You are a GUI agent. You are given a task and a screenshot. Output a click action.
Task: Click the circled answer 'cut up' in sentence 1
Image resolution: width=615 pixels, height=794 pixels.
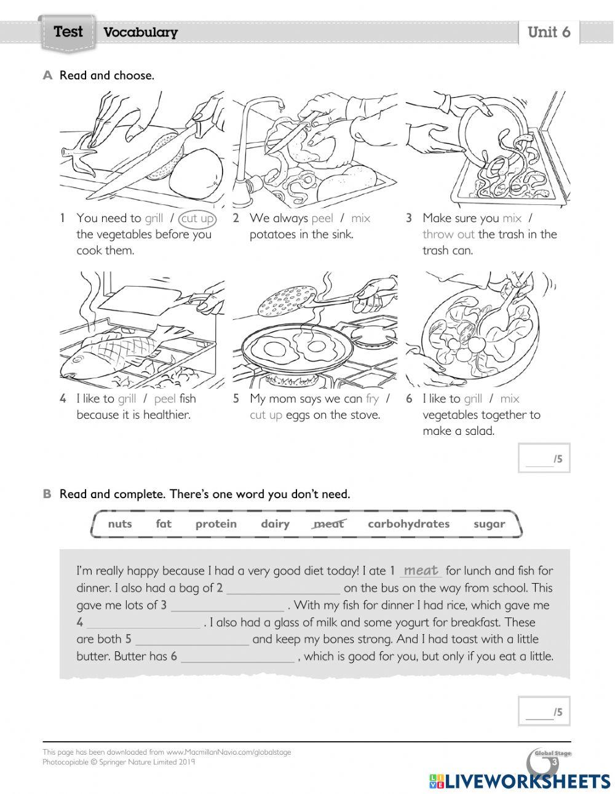pyautogui.click(x=197, y=218)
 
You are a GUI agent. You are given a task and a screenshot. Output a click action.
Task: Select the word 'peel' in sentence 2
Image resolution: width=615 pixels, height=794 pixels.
pyautogui.click(x=322, y=218)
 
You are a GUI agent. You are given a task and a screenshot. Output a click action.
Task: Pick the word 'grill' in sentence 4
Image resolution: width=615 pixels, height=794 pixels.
pyautogui.click(x=127, y=399)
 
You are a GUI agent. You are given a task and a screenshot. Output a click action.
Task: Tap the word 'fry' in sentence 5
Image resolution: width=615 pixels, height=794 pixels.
pyautogui.click(x=372, y=399)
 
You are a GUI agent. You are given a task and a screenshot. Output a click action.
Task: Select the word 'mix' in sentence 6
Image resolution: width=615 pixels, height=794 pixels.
pyautogui.click(x=509, y=399)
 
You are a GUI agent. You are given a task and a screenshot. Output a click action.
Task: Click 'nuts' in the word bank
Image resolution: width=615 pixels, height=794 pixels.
pyautogui.click(x=119, y=524)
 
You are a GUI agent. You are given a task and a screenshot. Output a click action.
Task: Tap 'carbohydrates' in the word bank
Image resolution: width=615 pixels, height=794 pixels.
pyautogui.click(x=408, y=524)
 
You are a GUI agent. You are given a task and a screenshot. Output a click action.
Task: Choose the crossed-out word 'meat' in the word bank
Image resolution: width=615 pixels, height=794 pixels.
pyautogui.click(x=328, y=524)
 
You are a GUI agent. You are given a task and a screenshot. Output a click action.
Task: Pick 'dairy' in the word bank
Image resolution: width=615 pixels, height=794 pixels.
pyautogui.click(x=275, y=524)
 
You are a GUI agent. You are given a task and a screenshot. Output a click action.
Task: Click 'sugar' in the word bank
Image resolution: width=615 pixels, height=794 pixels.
pyautogui.click(x=489, y=524)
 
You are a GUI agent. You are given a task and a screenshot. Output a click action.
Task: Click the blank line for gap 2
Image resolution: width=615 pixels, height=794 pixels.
pyautogui.click(x=283, y=589)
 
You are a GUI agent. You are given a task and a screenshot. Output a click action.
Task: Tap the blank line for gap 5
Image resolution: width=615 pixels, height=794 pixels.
pyautogui.click(x=192, y=640)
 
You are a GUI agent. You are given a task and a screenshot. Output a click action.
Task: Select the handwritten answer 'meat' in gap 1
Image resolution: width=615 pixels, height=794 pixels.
pyautogui.click(x=421, y=571)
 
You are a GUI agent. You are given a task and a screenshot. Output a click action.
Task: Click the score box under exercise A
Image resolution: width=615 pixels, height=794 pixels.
pyautogui.click(x=544, y=458)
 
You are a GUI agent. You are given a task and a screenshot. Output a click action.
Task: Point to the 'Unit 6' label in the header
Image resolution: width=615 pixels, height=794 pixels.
pyautogui.click(x=549, y=32)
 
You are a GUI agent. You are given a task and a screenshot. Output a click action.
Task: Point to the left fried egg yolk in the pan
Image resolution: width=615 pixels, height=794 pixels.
pyautogui.click(x=274, y=349)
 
